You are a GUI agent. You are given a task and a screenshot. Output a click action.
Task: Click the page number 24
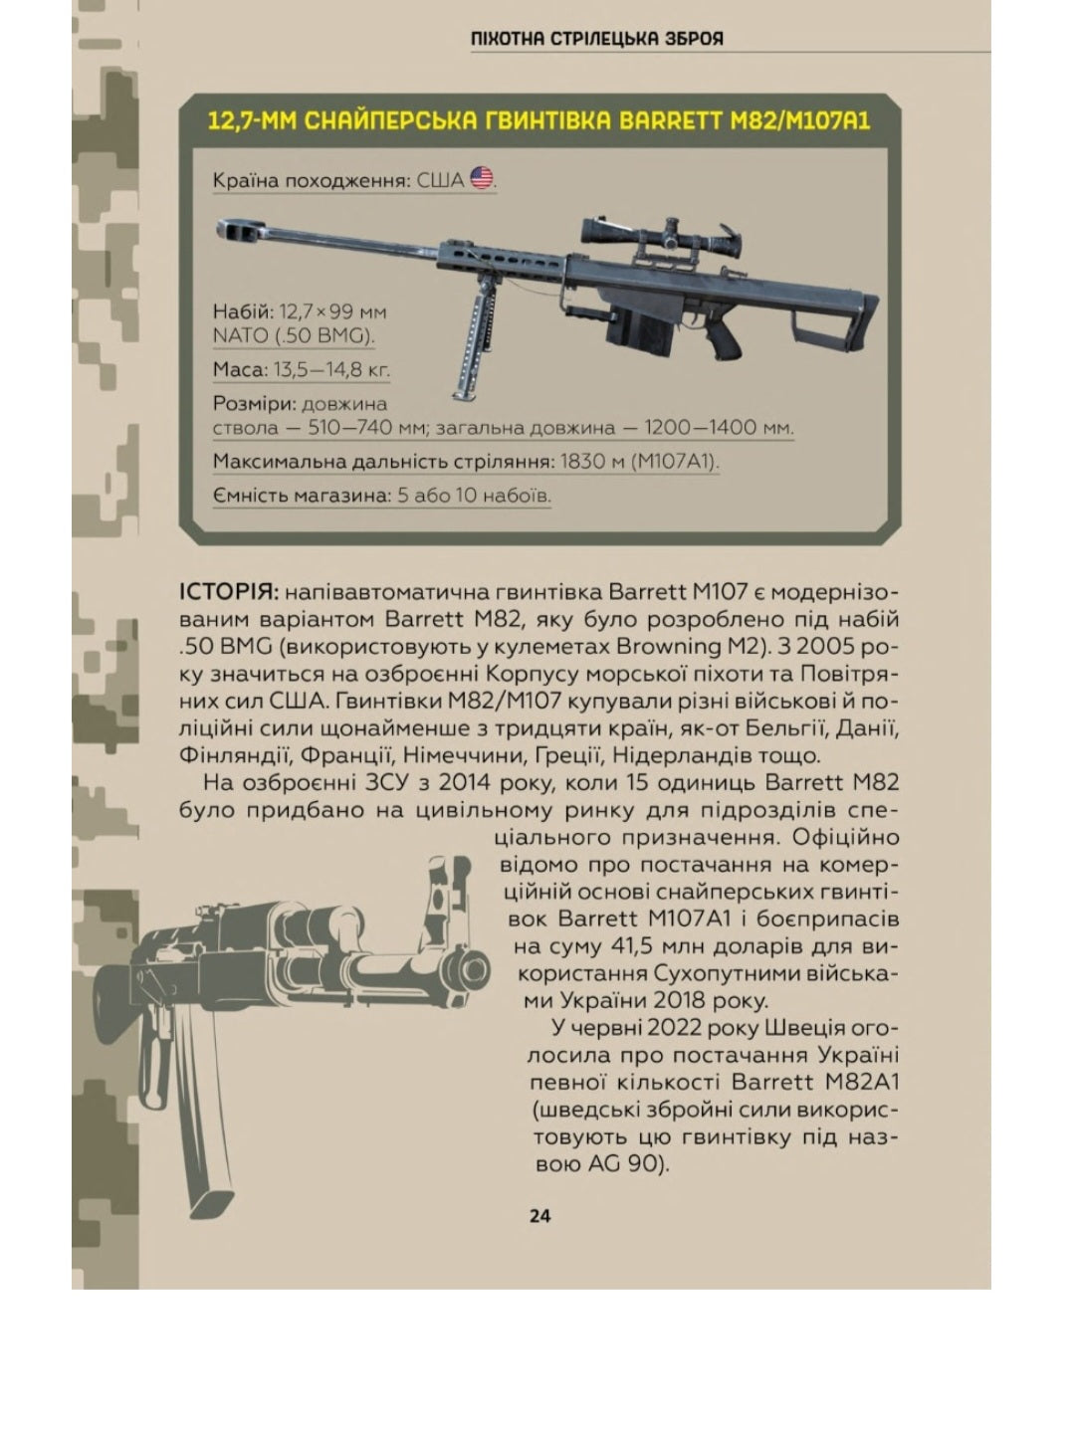[539, 1215]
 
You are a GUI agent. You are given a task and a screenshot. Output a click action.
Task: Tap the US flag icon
[482, 179]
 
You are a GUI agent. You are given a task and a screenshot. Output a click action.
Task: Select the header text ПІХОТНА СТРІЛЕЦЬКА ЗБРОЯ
[597, 39]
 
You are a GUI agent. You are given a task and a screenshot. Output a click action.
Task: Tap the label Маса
[240, 370]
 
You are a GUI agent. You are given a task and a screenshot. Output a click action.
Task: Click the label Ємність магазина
[299, 495]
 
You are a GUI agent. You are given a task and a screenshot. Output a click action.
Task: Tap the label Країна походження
[311, 180]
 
